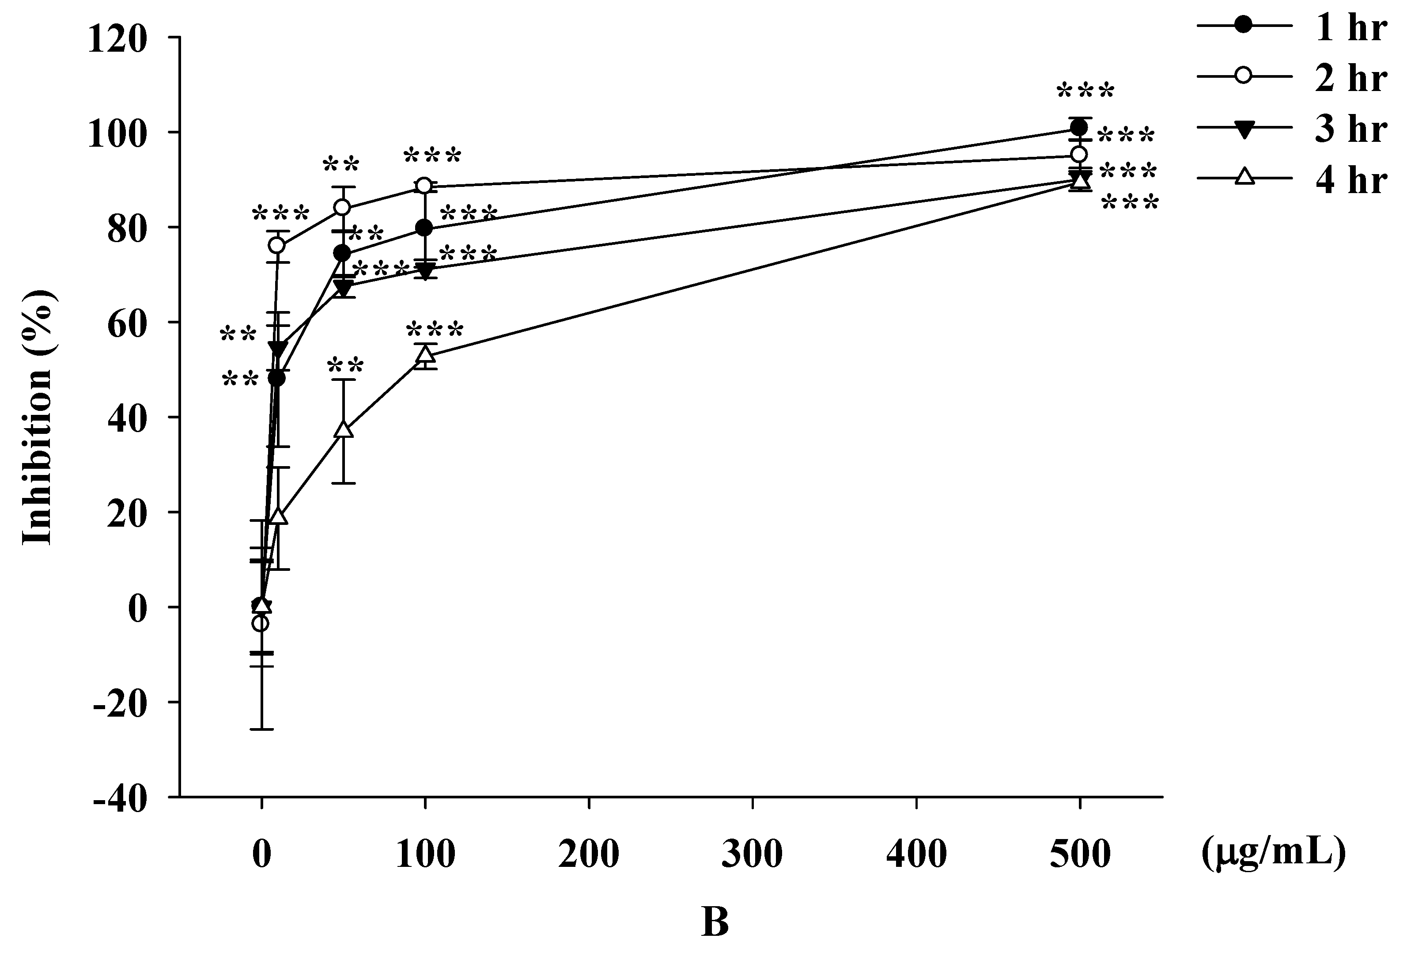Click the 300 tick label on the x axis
pos(753,854)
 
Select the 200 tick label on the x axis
pos(589,854)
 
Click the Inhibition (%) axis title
pos(38,418)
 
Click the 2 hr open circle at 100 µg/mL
pos(425,185)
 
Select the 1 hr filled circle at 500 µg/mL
pos(1079,128)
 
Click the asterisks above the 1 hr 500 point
pos(1085,91)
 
